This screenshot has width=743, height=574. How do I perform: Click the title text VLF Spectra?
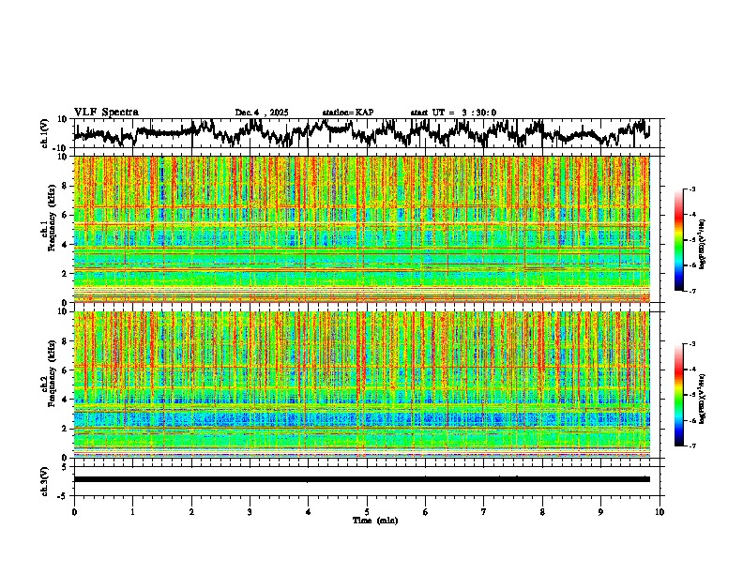106,113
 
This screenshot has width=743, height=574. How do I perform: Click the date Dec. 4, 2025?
263,113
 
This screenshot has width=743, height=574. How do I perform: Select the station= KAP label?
347,113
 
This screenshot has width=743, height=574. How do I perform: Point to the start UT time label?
453,113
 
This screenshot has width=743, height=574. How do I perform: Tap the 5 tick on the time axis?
367,511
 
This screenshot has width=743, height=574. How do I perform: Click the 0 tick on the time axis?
74,511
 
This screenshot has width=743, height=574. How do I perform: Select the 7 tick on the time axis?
484,511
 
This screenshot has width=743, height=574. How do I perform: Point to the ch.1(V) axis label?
45,133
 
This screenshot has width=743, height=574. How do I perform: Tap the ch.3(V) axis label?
45,479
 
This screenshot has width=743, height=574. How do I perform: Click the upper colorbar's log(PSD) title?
715,240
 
